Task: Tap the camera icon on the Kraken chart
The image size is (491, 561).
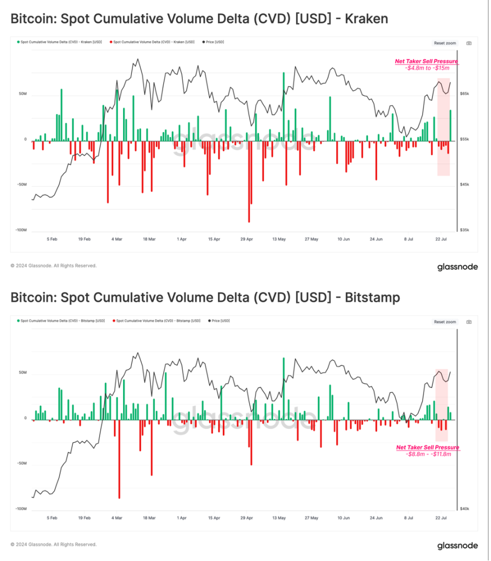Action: pos(469,43)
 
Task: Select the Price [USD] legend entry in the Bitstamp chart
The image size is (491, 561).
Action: pos(220,320)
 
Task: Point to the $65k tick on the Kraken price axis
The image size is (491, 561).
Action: pos(464,94)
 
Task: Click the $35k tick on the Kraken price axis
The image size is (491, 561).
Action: pos(464,231)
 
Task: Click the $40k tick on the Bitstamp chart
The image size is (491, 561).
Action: pos(464,509)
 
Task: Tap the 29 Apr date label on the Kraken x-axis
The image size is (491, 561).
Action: pos(246,239)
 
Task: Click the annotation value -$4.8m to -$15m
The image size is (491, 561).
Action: pos(428,68)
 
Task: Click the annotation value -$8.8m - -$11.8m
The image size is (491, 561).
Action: pos(428,454)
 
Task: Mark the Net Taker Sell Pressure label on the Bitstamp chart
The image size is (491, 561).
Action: pos(428,448)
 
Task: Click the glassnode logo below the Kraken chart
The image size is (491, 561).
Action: pos(457,267)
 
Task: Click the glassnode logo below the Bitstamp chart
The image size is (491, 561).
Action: pos(457,546)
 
